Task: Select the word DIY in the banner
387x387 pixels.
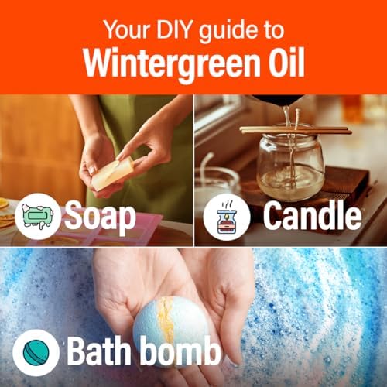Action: (173, 30)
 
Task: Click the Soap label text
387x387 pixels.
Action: (100, 217)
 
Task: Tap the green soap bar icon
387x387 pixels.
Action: (38, 216)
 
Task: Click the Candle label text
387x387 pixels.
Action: (312, 215)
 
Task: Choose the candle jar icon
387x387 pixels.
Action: (227, 217)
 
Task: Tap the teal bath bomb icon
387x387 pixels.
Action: (36, 352)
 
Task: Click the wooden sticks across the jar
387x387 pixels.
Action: (296, 130)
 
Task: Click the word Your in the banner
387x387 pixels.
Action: (127, 30)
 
